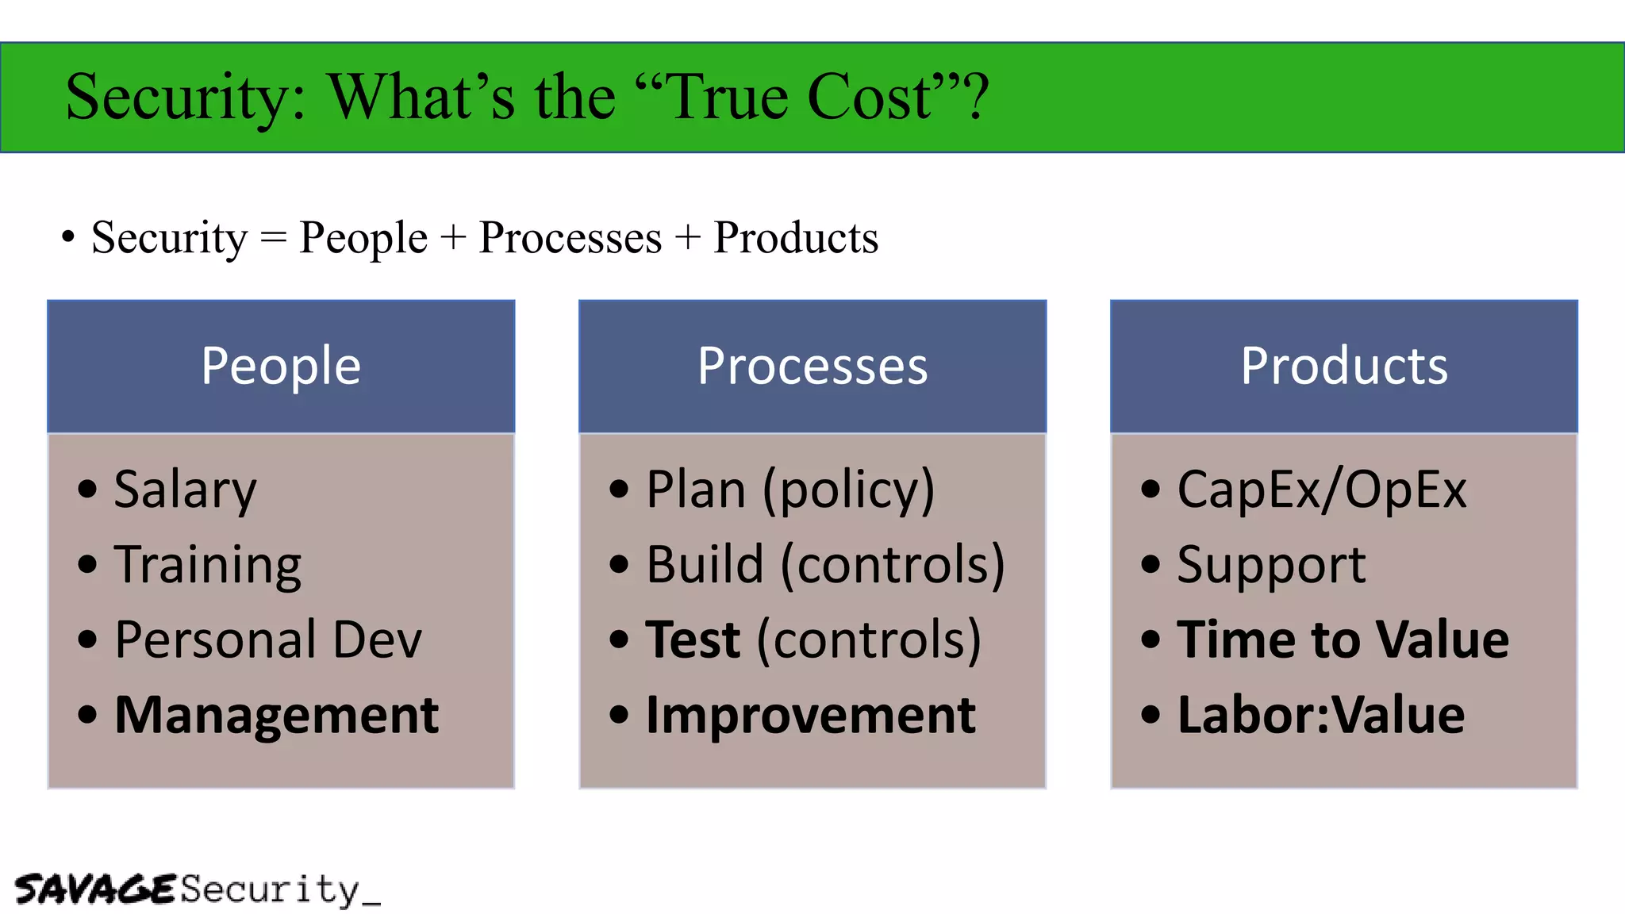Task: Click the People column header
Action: [x=281, y=366]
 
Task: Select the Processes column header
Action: [x=812, y=366]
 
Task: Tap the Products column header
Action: [x=1344, y=366]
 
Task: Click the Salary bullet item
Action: [x=185, y=490]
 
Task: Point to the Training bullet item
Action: [x=208, y=565]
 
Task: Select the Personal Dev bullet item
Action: [x=268, y=639]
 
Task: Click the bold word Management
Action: [x=276, y=715]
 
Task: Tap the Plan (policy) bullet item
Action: [x=790, y=490]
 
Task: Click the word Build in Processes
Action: [x=705, y=565]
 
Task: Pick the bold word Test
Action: [x=693, y=639]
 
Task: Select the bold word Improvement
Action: [x=810, y=715]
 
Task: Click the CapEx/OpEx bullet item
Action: [x=1322, y=490]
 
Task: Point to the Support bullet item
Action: [x=1271, y=565]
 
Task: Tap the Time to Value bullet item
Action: [x=1343, y=639]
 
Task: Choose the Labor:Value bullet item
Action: [x=1321, y=715]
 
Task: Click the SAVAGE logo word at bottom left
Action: [x=94, y=889]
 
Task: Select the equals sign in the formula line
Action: [x=273, y=238]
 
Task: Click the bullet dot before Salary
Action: [x=87, y=490]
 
